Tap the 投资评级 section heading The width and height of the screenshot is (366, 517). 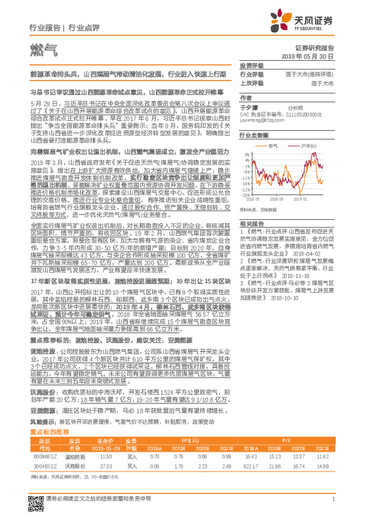251,64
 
